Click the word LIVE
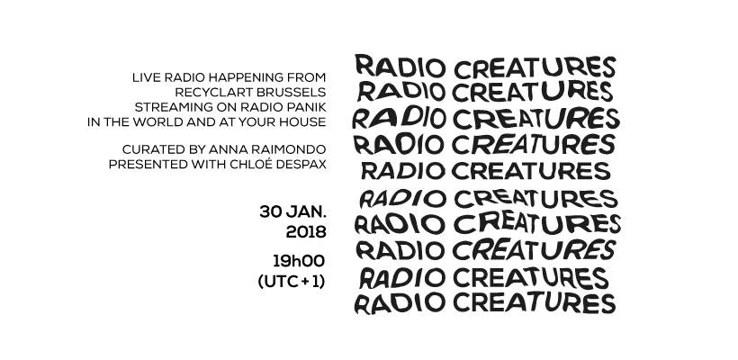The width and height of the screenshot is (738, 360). click(146, 77)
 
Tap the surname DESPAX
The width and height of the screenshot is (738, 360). click(303, 165)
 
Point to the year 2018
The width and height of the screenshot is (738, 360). click(306, 232)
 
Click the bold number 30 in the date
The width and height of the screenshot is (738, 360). click(271, 211)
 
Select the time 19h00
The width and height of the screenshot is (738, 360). click(299, 261)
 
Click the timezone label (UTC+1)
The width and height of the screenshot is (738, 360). click(292, 282)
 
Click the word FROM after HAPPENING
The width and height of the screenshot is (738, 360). click(304, 77)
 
